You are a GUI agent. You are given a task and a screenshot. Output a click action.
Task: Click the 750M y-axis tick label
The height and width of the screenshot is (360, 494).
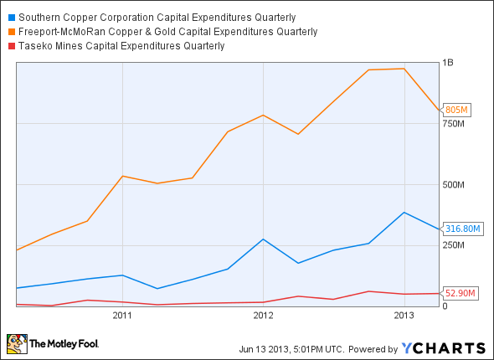coord(453,124)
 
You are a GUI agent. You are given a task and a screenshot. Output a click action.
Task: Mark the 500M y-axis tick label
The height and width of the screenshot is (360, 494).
coord(453,184)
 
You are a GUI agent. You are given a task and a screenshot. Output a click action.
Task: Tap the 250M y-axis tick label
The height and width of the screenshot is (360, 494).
coord(453,245)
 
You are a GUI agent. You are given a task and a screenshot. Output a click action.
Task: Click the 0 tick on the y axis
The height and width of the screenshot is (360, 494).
coord(445,306)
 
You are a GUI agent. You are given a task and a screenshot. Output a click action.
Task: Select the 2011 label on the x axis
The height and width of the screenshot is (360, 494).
coord(122,316)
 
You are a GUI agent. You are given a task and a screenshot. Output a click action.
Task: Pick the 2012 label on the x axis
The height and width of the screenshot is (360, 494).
coord(263,316)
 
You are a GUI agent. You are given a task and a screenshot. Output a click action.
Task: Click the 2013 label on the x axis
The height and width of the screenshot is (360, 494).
coord(404,316)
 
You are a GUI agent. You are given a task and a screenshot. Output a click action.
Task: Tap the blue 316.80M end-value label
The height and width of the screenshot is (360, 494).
coord(463,229)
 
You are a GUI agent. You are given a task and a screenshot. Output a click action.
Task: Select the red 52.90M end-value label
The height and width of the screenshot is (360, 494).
coord(461,293)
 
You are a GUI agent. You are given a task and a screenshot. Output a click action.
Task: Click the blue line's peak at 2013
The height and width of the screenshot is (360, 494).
coord(404,213)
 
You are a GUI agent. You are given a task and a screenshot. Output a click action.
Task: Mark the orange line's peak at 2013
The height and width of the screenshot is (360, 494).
coord(404,69)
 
